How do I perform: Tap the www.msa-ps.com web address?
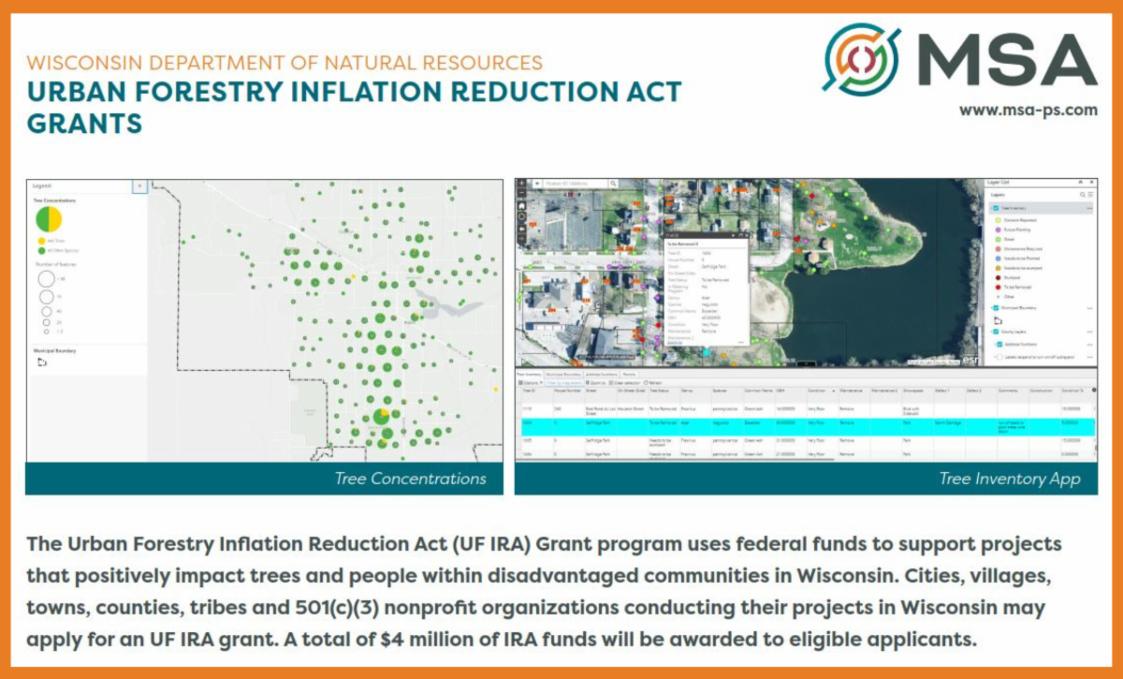click(x=1028, y=110)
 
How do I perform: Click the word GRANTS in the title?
click(x=85, y=123)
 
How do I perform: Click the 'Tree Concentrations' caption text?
click(x=410, y=479)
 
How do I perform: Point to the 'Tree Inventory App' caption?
click(x=1009, y=479)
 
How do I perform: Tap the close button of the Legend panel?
click(x=139, y=186)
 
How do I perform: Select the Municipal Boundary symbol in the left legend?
click(x=41, y=362)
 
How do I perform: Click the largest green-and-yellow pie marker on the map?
click(x=382, y=415)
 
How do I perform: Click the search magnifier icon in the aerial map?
click(x=613, y=185)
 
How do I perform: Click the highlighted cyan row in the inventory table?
click(x=805, y=423)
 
